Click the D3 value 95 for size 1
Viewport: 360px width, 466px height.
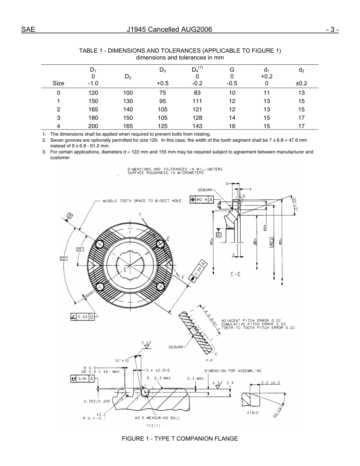coord(163,101)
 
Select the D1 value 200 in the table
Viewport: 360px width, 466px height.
coord(93,126)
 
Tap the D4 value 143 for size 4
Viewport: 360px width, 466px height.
coord(197,126)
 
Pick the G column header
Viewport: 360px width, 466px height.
coord(232,70)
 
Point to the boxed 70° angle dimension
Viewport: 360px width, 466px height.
coord(63,258)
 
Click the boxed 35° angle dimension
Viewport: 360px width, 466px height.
coord(80,249)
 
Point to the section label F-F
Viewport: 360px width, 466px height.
coord(209,360)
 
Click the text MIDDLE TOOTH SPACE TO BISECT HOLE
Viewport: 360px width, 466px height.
coord(142,201)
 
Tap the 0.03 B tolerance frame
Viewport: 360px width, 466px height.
coord(82,316)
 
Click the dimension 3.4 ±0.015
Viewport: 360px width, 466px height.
coord(158,370)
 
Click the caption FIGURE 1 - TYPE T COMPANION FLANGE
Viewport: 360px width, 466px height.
coord(180,439)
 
